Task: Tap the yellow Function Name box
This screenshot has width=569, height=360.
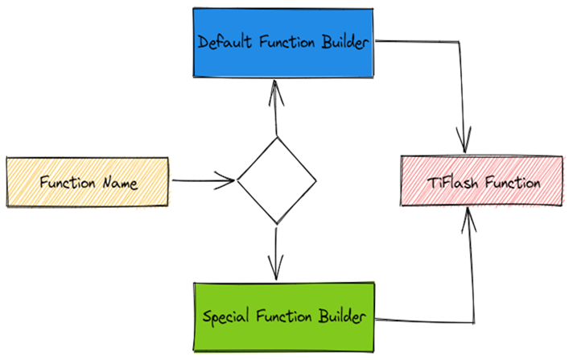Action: tap(88, 183)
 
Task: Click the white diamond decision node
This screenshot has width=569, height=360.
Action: tap(276, 180)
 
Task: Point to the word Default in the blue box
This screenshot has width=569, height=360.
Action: tap(222, 42)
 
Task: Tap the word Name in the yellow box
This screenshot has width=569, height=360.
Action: tap(120, 183)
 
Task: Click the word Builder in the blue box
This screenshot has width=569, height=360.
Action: tap(344, 42)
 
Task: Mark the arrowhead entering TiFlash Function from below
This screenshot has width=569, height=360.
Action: tap(468, 211)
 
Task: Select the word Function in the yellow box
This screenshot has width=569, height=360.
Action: tap(68, 183)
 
